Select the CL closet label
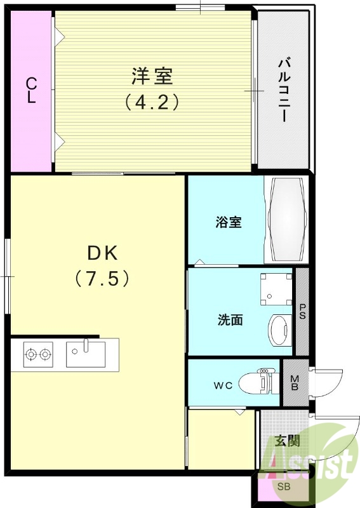tap(30, 91)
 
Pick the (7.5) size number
tap(102, 277)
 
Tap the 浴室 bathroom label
tap(229, 223)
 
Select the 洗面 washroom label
tap(230, 321)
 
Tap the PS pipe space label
tap(302, 312)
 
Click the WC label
tap(222, 384)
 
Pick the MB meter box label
tap(294, 383)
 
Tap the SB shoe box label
tap(283, 488)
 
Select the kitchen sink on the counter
tap(86, 354)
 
